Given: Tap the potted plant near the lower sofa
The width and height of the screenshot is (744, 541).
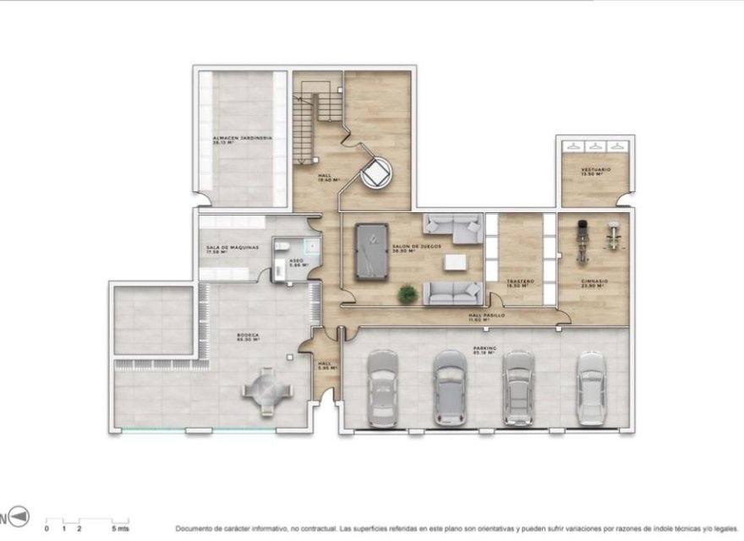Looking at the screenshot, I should (x=408, y=294).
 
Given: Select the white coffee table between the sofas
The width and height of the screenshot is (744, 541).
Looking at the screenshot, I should (x=457, y=261).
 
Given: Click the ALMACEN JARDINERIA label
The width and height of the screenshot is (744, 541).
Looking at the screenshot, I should (x=243, y=139).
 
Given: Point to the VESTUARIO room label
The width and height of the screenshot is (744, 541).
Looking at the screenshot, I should (x=595, y=170).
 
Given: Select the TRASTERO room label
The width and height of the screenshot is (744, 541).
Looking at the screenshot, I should (x=517, y=283).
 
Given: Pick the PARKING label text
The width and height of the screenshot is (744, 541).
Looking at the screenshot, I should (x=484, y=348).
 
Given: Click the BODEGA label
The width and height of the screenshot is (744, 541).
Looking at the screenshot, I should (x=248, y=336).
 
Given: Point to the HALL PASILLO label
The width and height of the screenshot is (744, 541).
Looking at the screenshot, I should (x=487, y=316).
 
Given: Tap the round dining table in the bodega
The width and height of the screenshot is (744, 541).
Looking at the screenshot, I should (x=267, y=390).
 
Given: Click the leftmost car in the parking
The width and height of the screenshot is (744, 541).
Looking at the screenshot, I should (x=382, y=389).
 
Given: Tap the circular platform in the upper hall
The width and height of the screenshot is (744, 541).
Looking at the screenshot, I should (x=374, y=175).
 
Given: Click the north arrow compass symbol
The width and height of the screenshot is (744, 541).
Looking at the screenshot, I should (x=20, y=516).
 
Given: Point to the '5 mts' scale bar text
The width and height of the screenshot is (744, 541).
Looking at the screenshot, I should (x=121, y=528).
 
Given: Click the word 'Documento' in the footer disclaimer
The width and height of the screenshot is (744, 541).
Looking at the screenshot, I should (x=194, y=528).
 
